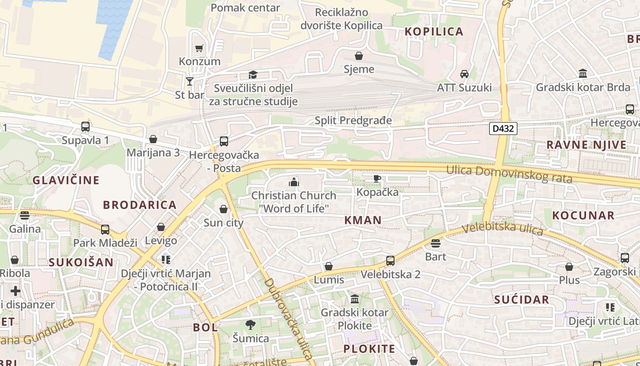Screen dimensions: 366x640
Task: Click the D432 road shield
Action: coord(503,129)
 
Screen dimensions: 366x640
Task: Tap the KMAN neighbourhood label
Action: coord(363,220)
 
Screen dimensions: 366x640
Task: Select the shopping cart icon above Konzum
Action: coord(199,48)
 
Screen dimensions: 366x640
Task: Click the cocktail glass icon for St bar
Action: coord(190,81)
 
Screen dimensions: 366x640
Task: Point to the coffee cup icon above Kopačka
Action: coord(377,178)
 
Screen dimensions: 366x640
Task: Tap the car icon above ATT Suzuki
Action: coord(464,74)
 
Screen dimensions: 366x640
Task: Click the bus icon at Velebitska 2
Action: coord(390,261)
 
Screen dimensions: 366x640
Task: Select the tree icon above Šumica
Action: coord(250,325)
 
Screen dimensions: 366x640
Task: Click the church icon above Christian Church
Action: coord(293,182)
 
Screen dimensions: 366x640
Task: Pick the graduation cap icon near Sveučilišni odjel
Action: coord(253,75)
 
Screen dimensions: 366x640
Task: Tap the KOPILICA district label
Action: coord(434,32)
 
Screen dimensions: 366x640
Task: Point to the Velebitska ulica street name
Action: coord(502,228)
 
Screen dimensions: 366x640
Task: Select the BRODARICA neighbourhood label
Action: coord(139,205)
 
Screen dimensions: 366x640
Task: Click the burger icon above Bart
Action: coord(435,243)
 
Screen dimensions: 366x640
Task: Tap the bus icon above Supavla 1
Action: coord(85,127)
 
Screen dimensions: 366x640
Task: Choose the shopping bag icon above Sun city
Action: coord(224,210)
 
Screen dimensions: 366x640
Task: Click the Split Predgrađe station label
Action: coord(353,120)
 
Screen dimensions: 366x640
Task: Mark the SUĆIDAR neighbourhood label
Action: coord(522,300)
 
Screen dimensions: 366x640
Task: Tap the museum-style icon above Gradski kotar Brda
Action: coord(583,74)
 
